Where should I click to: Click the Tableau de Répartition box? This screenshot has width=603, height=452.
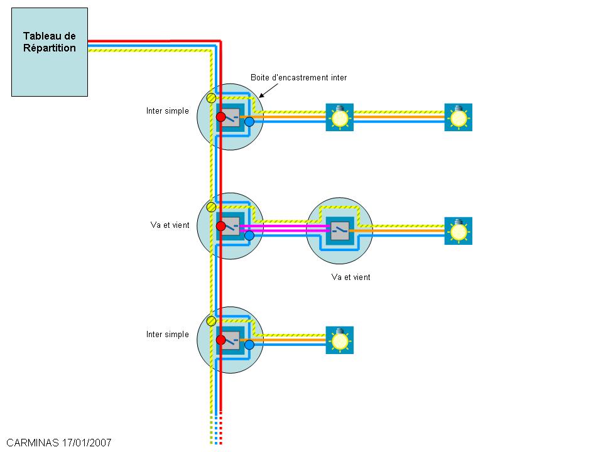pos(50,52)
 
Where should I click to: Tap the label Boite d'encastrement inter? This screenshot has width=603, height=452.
pos(298,78)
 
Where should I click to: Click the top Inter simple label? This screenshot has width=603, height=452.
pos(167,111)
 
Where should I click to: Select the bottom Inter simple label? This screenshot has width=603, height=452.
pos(167,335)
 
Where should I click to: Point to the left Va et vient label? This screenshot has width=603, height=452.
pos(170,225)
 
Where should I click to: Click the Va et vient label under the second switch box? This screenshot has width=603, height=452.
pos(350,277)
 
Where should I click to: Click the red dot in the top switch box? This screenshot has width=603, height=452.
pos(221,117)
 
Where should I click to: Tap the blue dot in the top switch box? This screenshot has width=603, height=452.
pos(249,122)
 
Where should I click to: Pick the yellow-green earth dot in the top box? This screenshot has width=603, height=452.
pos(212,98)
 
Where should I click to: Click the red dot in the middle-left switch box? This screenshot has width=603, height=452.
pos(221,226)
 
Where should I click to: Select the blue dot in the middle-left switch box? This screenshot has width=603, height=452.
pos(249,235)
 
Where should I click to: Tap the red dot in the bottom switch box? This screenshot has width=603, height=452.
pos(221,340)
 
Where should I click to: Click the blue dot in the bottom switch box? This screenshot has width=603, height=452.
pos(249,345)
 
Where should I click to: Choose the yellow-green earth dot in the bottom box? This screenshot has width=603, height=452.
pos(212,321)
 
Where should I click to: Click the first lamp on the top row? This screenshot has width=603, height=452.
pos(340,117)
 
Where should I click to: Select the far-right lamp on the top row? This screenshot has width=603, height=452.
pos(459,117)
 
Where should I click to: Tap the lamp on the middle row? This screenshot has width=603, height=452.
pos(459,231)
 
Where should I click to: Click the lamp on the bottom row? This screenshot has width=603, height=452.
pos(340,340)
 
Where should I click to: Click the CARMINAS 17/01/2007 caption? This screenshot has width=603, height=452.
pos(59,443)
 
